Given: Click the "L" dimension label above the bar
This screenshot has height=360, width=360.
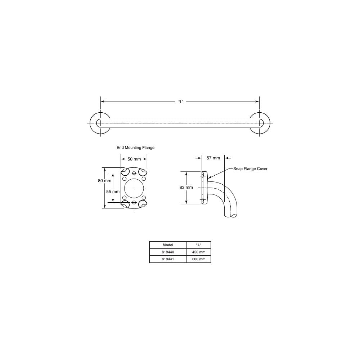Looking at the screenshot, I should pyautogui.click(x=181, y=102).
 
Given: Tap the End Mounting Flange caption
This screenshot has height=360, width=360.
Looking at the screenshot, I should pyautogui.click(x=135, y=148).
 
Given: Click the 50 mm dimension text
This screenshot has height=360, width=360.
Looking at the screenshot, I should pyautogui.click(x=134, y=159).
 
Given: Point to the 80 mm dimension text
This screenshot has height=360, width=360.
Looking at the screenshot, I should pyautogui.click(x=105, y=181).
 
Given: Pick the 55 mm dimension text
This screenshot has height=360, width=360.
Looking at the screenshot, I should pyautogui.click(x=113, y=192).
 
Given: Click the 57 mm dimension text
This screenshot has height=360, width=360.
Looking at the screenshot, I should pyautogui.click(x=213, y=158).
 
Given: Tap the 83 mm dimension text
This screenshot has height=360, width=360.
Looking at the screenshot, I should pyautogui.click(x=186, y=188).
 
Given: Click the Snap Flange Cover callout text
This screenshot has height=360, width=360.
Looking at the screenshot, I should pyautogui.click(x=250, y=168).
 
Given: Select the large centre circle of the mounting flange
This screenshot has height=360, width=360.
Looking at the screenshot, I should pyautogui.click(x=134, y=187).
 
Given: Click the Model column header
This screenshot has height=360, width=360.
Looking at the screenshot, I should pyautogui.click(x=168, y=245).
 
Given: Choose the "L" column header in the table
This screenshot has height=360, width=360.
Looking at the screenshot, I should pyautogui.click(x=198, y=245).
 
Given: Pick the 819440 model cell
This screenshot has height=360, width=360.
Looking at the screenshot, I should pyautogui.click(x=168, y=252).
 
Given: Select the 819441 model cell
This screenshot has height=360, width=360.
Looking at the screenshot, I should pyautogui.click(x=168, y=259).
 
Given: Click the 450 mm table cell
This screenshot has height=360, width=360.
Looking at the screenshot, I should pyautogui.click(x=198, y=252).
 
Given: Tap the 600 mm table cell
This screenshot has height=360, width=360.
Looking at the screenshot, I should pyautogui.click(x=198, y=259).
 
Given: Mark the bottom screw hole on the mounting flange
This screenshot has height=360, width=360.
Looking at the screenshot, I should pyautogui.click(x=134, y=202).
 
